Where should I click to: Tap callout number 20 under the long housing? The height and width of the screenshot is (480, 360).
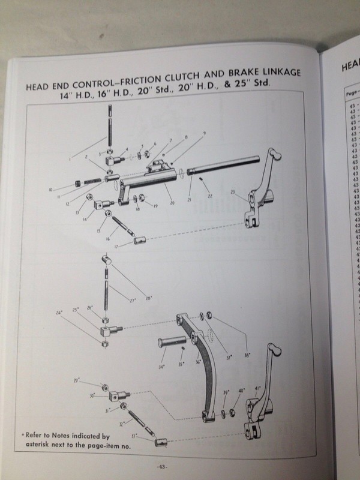pos(172,204)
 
